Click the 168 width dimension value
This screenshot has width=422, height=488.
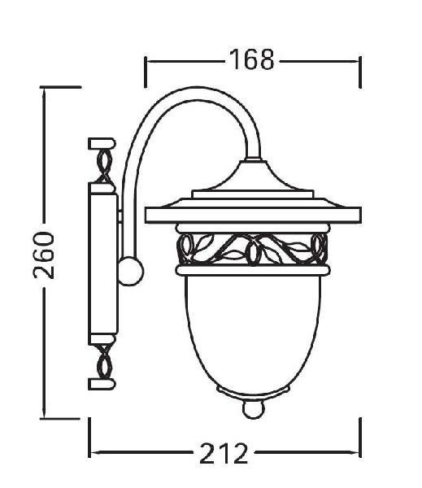[x=251, y=59]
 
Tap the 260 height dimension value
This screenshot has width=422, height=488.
[x=44, y=255]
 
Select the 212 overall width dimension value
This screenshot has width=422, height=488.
[x=224, y=453]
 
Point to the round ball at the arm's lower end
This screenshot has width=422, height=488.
[x=131, y=271]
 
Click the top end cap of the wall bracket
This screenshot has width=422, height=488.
[x=102, y=144]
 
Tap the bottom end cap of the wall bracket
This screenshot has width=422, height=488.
[x=102, y=384]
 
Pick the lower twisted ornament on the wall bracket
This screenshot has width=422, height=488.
[x=104, y=362]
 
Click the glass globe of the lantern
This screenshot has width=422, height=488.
[x=253, y=333]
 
